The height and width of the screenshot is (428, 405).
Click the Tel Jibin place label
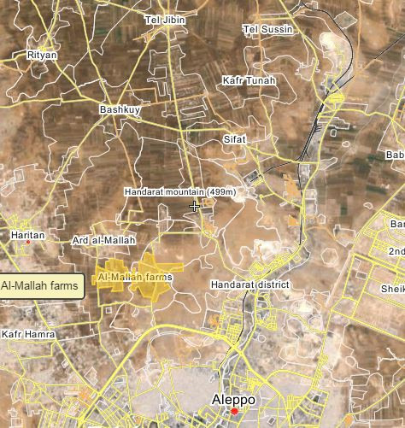(x=166, y=19)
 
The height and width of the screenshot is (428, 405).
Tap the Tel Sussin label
(x=268, y=29)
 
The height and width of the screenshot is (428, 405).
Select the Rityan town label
(x=42, y=54)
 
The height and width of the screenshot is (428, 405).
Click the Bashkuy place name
(x=119, y=109)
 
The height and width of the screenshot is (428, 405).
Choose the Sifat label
(x=234, y=138)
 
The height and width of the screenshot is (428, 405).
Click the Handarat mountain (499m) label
(x=183, y=191)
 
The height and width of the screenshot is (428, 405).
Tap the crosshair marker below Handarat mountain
(x=195, y=206)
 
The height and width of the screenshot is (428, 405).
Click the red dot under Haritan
(x=27, y=242)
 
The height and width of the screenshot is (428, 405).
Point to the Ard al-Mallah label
(x=104, y=241)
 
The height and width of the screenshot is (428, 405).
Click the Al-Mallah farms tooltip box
(x=41, y=284)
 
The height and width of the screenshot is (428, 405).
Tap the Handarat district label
(x=250, y=284)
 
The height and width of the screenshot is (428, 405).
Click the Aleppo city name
(x=233, y=398)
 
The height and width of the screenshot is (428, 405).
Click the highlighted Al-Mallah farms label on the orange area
(x=135, y=278)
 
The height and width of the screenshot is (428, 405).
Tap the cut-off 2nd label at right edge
(x=396, y=251)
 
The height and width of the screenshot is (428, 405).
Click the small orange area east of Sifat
(x=294, y=190)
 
